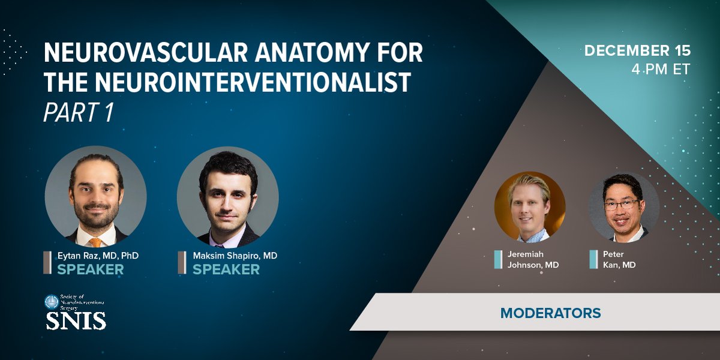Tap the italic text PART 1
coord(79,112)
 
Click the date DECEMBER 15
coord(637,51)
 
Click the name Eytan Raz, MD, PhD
coord(98,256)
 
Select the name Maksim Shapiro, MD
coord(235,256)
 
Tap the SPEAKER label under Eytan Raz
coord(91,269)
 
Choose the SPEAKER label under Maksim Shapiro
coord(226,269)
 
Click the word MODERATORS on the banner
coord(550,313)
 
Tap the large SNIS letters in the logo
coord(76,320)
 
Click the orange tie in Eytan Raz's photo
coord(95,242)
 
